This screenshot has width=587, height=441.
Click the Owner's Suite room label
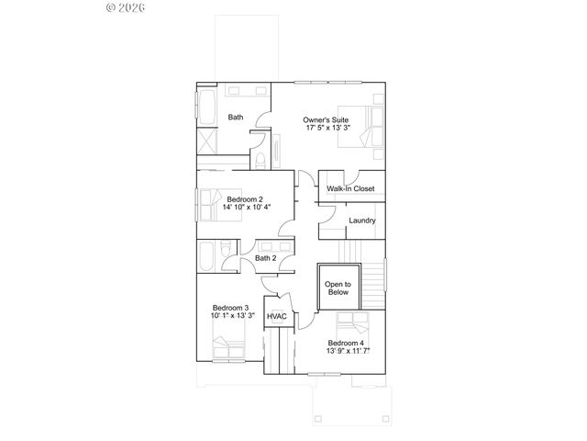(x=327, y=119)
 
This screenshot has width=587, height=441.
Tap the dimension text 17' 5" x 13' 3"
(x=327, y=129)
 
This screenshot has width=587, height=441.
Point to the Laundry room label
(x=361, y=220)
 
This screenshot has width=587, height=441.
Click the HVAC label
(x=276, y=317)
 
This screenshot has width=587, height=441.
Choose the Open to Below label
(x=337, y=288)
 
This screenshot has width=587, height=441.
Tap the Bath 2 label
(x=265, y=258)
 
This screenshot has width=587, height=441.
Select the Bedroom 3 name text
(x=231, y=307)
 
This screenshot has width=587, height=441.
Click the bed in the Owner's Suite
(x=371, y=125)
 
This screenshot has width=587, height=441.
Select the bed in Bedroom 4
(x=352, y=325)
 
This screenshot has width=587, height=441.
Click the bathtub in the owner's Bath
(x=205, y=106)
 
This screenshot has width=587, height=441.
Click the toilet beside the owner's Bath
(x=262, y=162)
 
